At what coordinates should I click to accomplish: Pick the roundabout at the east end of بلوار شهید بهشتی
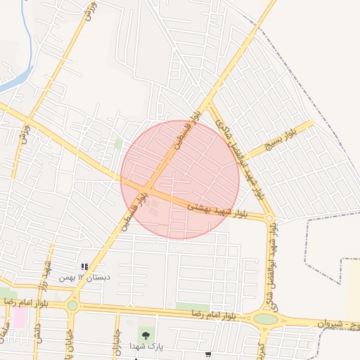point(270,219)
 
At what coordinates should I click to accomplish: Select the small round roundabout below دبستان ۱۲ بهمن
point(72,306)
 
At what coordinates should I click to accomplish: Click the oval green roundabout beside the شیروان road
point(266,319)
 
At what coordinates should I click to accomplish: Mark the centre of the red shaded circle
point(180,179)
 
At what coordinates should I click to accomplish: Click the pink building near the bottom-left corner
point(19,318)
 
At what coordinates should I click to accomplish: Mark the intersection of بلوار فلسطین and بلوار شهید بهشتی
point(150,188)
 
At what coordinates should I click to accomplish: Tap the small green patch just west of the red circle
point(119,143)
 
